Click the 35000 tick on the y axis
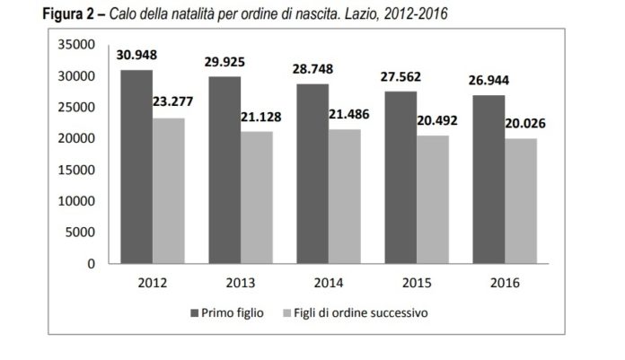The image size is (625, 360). point(78,44)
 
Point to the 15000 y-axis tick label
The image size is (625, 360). point(78,170)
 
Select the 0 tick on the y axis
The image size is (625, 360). point(92,264)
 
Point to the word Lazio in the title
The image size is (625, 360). point(362,13)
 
